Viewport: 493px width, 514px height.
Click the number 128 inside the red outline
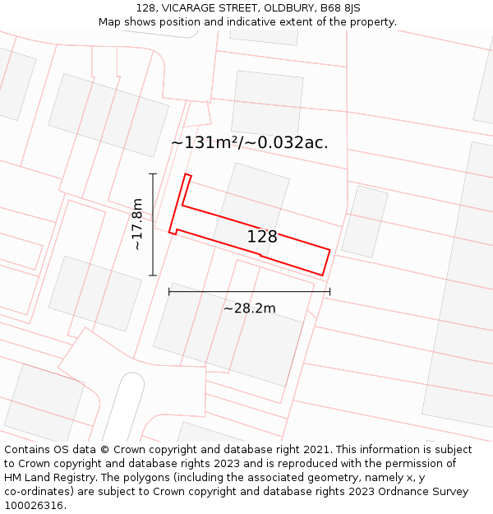pos(262,237)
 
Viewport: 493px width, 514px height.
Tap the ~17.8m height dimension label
pos(137,225)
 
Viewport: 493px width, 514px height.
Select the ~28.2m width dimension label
pos(249,308)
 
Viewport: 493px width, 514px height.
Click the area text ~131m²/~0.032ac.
pos(249,142)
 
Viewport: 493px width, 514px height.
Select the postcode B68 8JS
pos(340,8)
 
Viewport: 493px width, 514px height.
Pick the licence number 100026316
pos(34,506)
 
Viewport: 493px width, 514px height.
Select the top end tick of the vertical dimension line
pos(153,174)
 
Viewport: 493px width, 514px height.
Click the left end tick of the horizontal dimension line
pos(169,291)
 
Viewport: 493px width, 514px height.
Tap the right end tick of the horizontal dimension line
pos(329,291)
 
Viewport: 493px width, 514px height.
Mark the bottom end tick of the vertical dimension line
pos(153,276)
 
